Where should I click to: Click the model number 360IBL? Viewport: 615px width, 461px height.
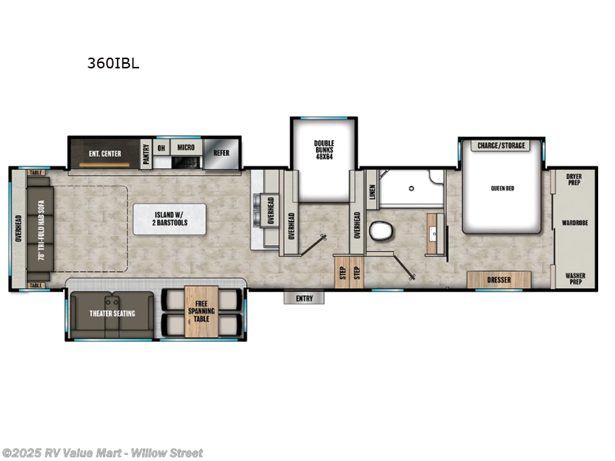click(x=113, y=65)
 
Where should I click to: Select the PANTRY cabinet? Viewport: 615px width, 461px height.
click(x=145, y=152)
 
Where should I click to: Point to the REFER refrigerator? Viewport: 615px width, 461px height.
click(x=221, y=153)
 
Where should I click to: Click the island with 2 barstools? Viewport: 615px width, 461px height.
click(x=170, y=219)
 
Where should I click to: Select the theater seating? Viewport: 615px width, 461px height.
click(x=113, y=313)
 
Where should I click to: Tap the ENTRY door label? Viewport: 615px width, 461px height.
click(x=304, y=298)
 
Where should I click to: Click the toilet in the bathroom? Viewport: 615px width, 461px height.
click(x=380, y=231)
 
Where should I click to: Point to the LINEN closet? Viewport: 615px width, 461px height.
click(x=372, y=189)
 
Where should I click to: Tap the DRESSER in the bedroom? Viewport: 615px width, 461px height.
click(x=499, y=280)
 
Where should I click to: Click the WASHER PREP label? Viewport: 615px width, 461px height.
click(x=574, y=278)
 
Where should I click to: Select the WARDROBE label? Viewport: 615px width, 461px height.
click(x=574, y=224)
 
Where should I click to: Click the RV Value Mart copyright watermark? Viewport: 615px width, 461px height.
click(x=102, y=453)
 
